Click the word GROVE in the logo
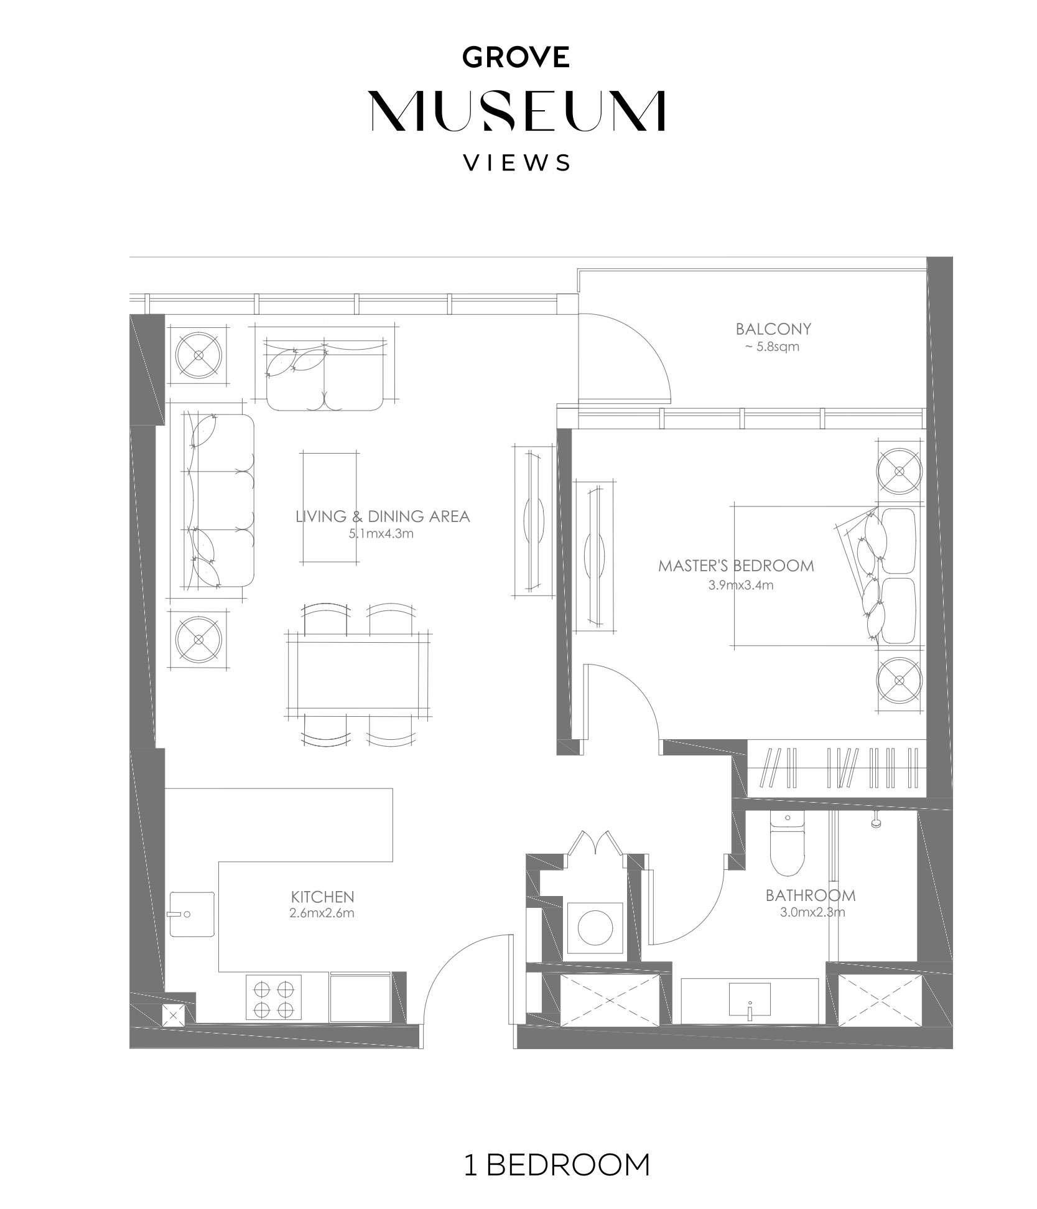click(x=516, y=57)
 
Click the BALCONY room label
click(x=773, y=329)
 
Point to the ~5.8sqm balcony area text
click(x=772, y=347)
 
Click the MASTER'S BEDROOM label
click(x=736, y=566)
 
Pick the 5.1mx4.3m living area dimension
click(x=382, y=533)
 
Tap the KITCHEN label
click(x=322, y=897)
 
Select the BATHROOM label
click(x=811, y=895)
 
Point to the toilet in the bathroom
click(x=788, y=843)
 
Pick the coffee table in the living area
click(x=330, y=507)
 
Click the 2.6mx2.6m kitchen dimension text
click(x=322, y=913)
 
